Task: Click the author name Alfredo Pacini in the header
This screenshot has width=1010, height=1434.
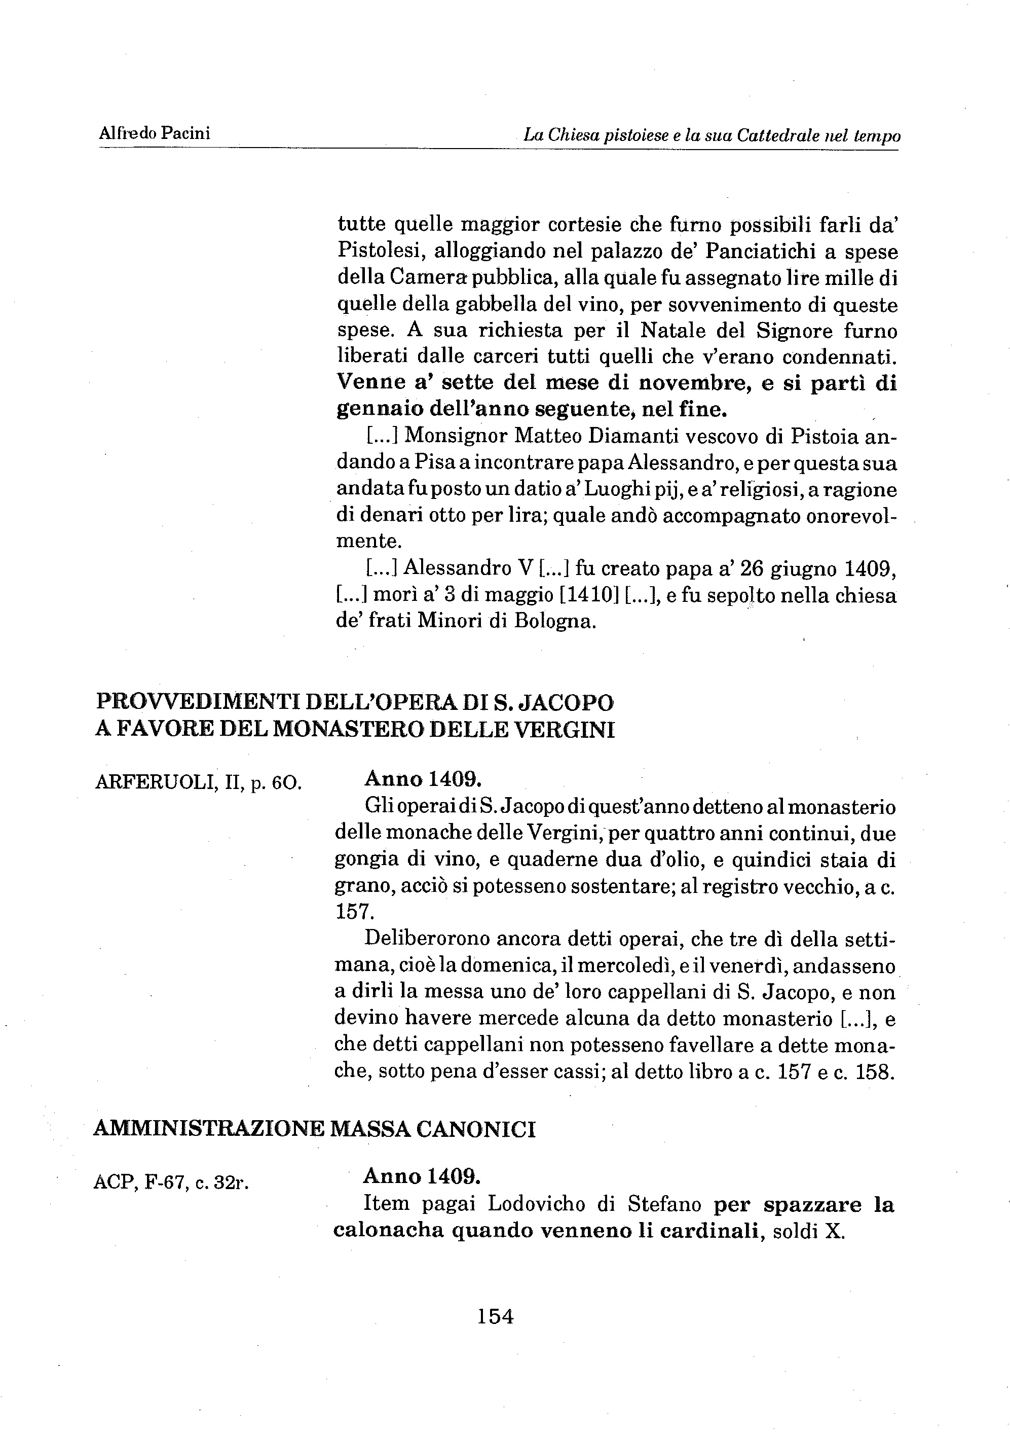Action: coord(154,133)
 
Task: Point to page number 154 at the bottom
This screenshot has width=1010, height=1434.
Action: coord(496,1316)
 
